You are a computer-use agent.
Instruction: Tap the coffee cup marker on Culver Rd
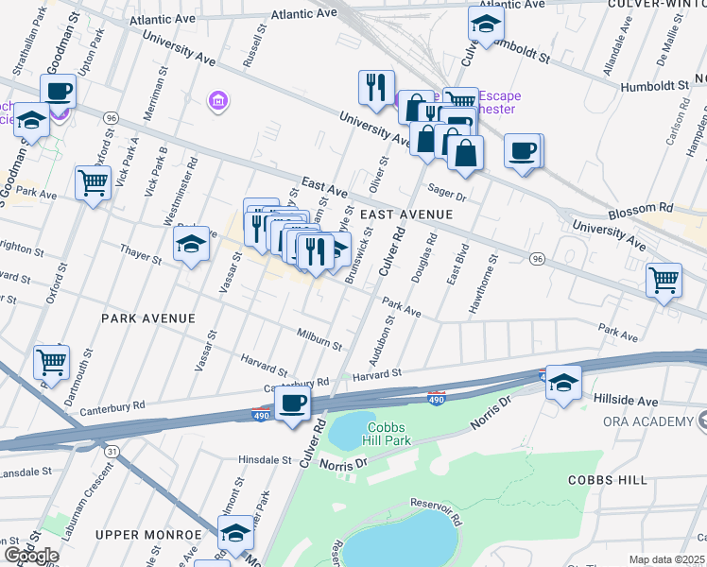coord(292,403)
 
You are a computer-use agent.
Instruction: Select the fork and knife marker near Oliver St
coord(376,87)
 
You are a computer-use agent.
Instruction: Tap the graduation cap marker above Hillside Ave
coord(563,383)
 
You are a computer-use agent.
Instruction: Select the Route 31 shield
coord(112,452)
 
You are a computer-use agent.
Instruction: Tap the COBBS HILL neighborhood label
coord(607,480)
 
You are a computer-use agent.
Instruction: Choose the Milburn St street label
coord(319,341)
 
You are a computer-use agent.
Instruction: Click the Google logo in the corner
coord(31,556)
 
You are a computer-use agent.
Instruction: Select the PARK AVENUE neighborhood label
coord(147,318)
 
